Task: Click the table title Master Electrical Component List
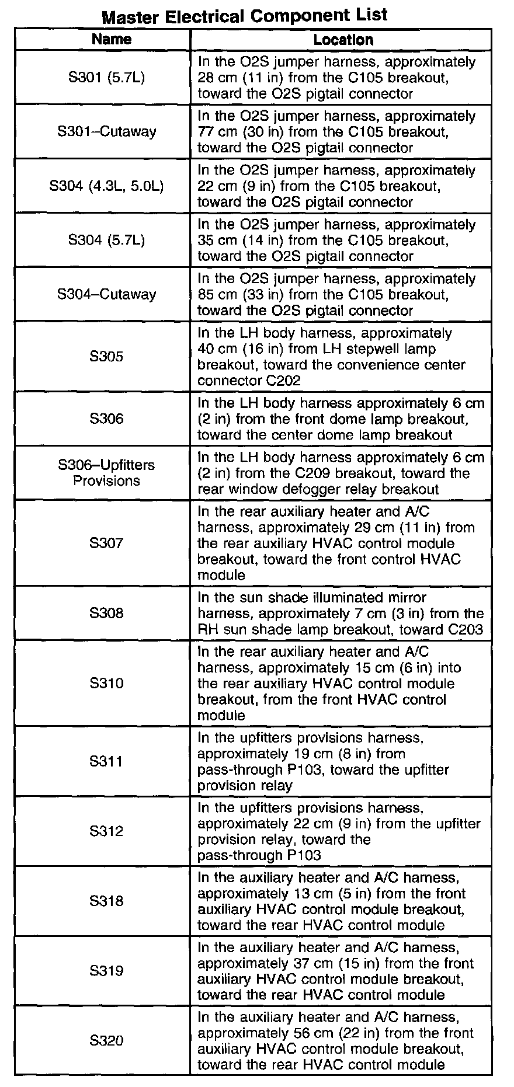[x=244, y=15]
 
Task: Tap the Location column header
[x=343, y=40]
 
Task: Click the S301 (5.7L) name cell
[x=106, y=77]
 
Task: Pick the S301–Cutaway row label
[x=107, y=131]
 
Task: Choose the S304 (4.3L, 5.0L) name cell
[x=107, y=186]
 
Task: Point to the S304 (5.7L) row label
[x=106, y=240]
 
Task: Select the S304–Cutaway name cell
[x=107, y=294]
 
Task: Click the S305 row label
[x=106, y=356]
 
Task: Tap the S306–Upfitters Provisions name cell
[x=107, y=473]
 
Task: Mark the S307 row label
[x=106, y=543]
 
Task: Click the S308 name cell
[x=106, y=613]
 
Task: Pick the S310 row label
[x=106, y=683]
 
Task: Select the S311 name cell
[x=106, y=761]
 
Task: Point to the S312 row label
[x=106, y=831]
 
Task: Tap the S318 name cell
[x=106, y=901]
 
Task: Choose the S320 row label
[x=106, y=1041]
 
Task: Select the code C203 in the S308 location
[x=466, y=629]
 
